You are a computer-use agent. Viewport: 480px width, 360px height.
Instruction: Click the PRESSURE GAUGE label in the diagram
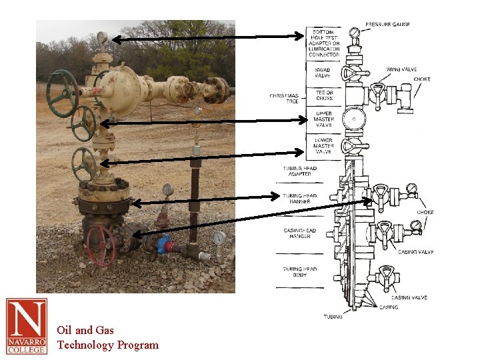point(387,25)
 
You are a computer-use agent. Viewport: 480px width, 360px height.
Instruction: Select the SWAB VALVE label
point(323,72)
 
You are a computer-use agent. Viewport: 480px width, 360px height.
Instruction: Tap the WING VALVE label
point(401,69)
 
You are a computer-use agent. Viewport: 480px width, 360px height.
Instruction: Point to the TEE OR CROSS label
point(324,95)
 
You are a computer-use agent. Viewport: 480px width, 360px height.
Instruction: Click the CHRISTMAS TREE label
point(284,98)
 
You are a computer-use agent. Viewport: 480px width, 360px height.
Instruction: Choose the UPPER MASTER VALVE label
point(323,119)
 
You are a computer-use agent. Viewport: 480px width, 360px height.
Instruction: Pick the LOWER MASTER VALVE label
point(323,146)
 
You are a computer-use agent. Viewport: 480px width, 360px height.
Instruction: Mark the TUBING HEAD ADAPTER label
point(300,171)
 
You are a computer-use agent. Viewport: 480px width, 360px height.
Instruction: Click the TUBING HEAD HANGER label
point(300,199)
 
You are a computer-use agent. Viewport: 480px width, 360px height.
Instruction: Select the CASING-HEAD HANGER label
point(300,233)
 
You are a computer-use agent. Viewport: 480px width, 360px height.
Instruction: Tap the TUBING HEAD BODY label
point(300,272)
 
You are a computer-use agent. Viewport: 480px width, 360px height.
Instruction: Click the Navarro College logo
point(27,326)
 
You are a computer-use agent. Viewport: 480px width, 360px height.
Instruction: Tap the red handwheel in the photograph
point(100,245)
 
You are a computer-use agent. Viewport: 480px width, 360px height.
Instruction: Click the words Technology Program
point(108,345)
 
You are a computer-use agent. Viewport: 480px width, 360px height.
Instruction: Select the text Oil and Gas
point(85,330)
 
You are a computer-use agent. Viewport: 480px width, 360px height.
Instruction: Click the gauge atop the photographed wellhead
point(102,37)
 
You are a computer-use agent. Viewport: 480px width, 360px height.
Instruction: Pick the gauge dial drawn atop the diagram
point(355,32)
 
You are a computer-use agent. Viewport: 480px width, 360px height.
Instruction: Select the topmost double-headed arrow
point(207,38)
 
